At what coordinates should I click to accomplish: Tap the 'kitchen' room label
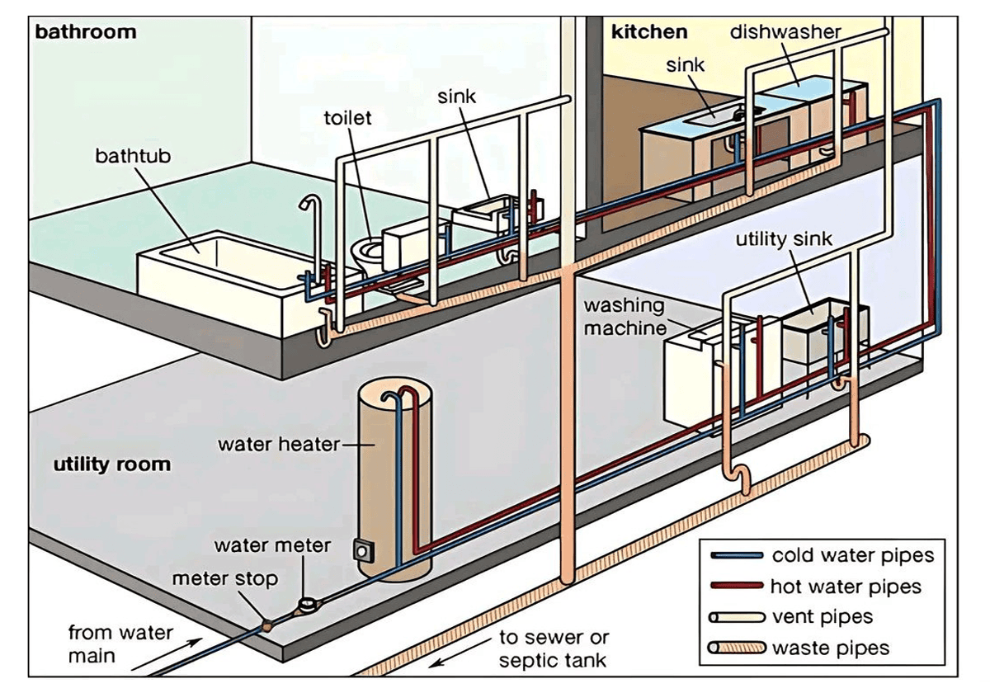pyautogui.click(x=648, y=32)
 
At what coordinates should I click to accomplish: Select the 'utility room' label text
pyautogui.click(x=112, y=464)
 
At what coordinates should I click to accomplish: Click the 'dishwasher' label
pyautogui.click(x=785, y=32)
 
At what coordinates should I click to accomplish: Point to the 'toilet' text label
pyautogui.click(x=347, y=118)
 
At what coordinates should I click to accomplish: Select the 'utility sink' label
pyautogui.click(x=785, y=239)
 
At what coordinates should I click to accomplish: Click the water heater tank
pyautogui.click(x=394, y=478)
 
